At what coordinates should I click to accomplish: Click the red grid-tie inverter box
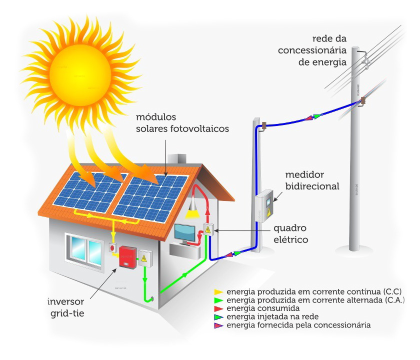127,256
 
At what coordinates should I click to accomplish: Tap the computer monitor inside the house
185,233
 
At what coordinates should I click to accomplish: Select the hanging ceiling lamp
193,207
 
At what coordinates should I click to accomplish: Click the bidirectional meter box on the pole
264,206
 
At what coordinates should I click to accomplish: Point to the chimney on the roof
177,158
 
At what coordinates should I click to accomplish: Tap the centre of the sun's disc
80,75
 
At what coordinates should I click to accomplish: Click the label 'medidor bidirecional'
312,180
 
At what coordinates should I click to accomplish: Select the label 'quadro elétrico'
290,233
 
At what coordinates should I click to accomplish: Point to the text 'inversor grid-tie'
66,307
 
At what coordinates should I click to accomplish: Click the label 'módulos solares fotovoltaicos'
182,122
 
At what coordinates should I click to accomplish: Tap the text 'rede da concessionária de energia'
312,50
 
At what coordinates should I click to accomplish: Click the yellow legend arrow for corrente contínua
218,292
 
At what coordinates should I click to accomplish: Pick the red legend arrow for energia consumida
218,308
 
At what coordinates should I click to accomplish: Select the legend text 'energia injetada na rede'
272,316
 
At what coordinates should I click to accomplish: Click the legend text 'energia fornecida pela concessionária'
298,325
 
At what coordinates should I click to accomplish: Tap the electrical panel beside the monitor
208,230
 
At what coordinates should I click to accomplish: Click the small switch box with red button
113,247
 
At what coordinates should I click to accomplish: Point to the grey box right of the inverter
145,258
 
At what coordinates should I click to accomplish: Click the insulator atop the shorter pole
264,126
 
